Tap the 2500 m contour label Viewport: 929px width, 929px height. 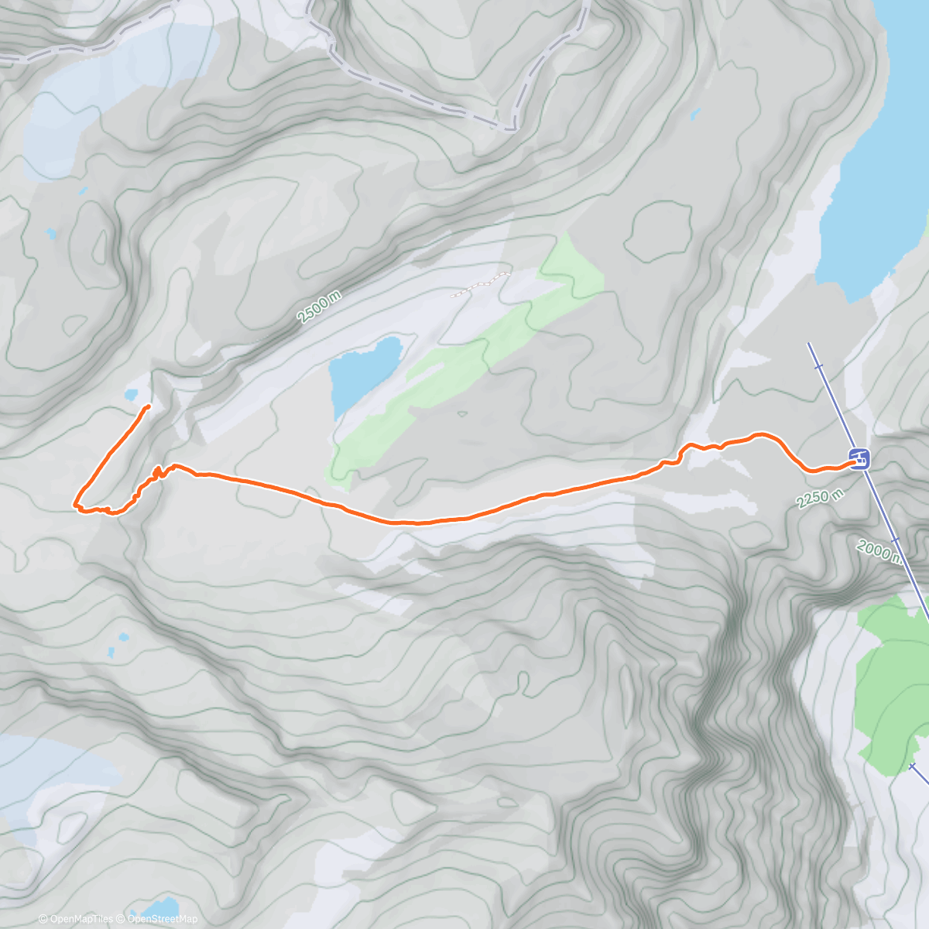coord(319,307)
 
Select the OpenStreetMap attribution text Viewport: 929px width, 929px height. coord(163,919)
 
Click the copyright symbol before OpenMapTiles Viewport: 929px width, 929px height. coord(43,919)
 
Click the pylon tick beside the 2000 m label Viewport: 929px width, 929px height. coord(895,540)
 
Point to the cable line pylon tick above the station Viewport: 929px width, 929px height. coord(819,365)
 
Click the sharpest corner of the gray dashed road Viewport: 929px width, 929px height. coord(513,127)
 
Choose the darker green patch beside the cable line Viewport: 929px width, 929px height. coord(890,681)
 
